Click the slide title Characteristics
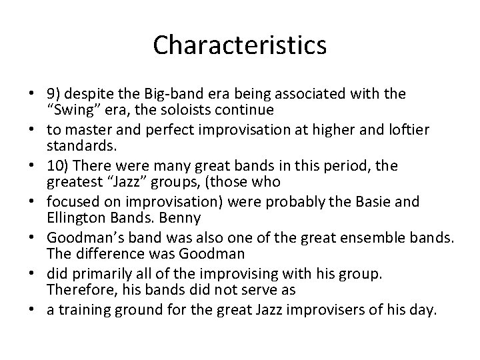[x=239, y=45]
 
